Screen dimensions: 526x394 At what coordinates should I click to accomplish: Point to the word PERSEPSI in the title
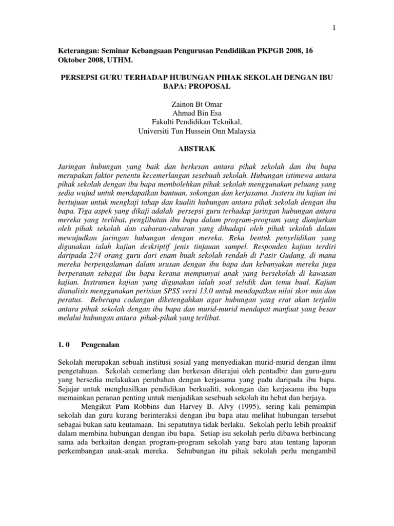tap(78, 78)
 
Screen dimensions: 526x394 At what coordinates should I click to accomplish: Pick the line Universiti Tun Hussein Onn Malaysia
tap(196, 131)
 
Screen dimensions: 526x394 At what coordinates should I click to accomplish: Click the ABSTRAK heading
tap(196, 148)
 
